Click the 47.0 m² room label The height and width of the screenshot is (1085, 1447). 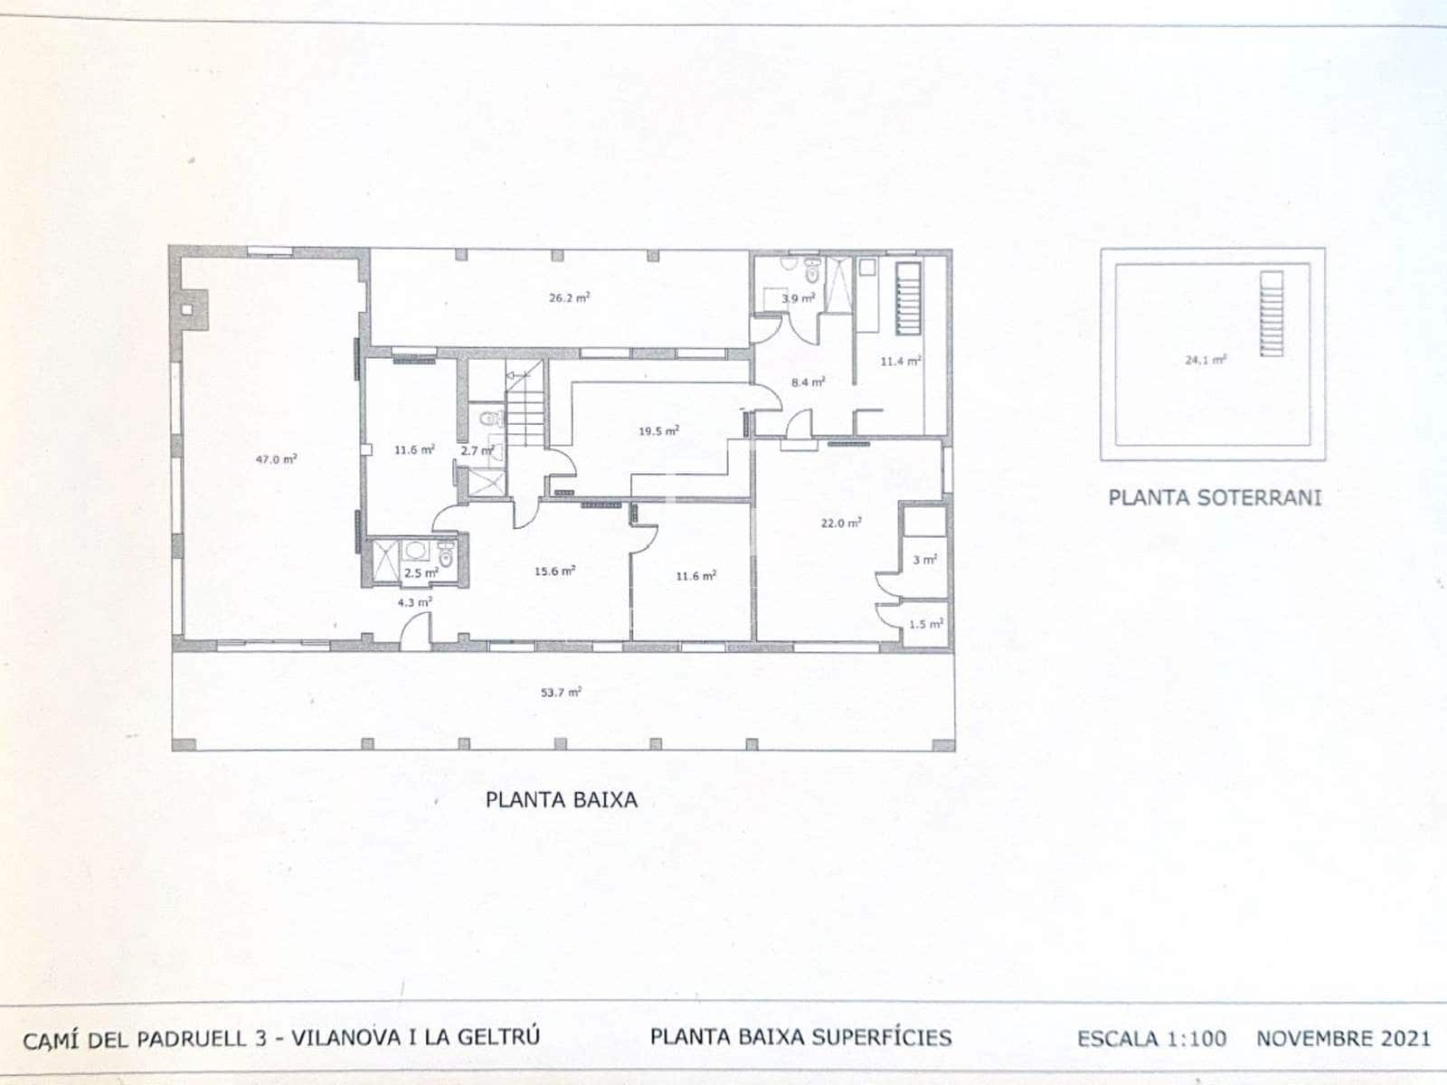[x=276, y=459]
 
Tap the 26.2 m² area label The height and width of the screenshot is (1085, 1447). [x=569, y=297]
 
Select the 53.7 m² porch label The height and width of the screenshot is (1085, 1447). [x=561, y=692]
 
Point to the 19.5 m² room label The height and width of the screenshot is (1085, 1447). [x=658, y=430]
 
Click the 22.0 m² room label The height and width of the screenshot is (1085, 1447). [x=840, y=523]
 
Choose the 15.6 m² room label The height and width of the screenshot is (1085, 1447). [x=554, y=571]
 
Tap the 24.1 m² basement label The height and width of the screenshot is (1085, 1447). [x=1206, y=359]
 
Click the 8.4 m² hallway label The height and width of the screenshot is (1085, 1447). [x=808, y=382]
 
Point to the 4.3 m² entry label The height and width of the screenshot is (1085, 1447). [x=414, y=601]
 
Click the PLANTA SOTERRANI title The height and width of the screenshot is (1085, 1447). [x=1215, y=497]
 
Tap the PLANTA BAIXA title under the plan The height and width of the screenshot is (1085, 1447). [x=561, y=799]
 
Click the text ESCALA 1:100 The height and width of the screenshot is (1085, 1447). [x=1151, y=1038]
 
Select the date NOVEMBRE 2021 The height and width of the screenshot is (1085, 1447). [x=1343, y=1038]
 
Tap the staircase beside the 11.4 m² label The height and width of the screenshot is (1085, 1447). [x=907, y=298]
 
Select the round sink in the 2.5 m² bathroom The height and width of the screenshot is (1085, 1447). [x=416, y=551]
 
